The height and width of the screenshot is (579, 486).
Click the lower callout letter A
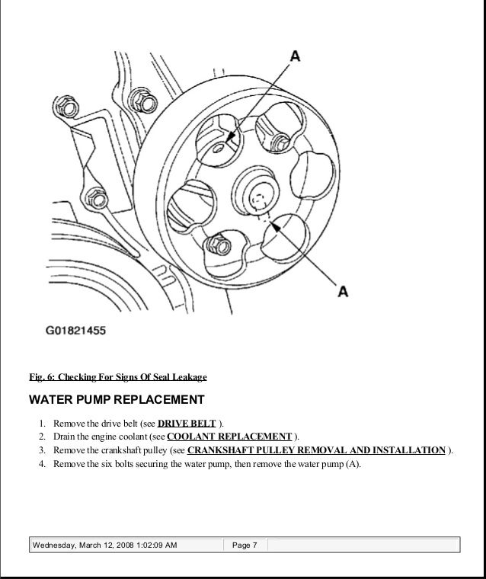pos(342,290)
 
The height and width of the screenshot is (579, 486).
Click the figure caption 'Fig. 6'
pos(42,377)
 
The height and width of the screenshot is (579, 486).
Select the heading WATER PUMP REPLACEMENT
pos(117,400)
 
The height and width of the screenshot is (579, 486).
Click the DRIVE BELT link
pos(187,424)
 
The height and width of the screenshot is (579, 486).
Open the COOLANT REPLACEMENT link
pos(229,437)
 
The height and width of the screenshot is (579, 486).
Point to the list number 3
pos(41,450)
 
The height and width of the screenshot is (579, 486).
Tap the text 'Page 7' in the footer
pos(245,546)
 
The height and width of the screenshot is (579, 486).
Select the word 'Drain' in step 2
pos(66,437)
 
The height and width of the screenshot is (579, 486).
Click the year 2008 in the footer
pos(122,546)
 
